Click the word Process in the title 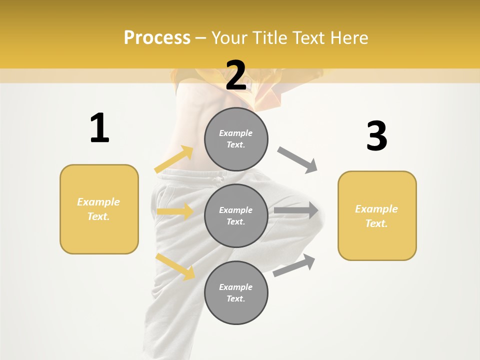coord(157,38)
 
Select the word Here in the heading coord(348,38)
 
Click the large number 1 coord(99,128)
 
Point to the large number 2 coord(236,75)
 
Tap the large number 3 coord(376,136)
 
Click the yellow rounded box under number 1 coord(99,209)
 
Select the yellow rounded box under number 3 coord(377,215)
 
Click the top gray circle coord(236,139)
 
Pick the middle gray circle coord(236,215)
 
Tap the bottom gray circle coord(236,292)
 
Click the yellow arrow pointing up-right coord(174,159)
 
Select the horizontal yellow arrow coord(175,211)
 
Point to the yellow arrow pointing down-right coord(175,267)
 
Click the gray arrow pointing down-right coord(297,160)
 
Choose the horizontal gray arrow coord(296,210)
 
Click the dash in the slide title coord(201,38)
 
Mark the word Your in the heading coord(229,38)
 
